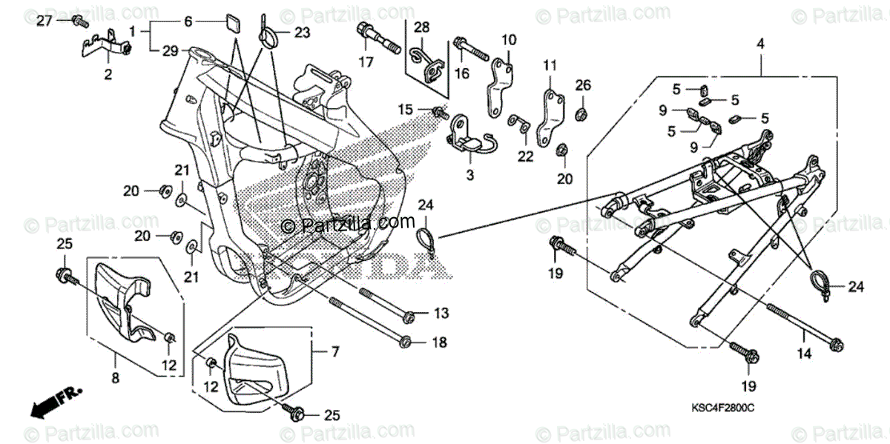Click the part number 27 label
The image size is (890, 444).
44,21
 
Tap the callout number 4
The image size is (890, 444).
760,45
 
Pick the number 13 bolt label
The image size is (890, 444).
441,314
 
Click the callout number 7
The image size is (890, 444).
334,351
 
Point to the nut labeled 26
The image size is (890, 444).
583,113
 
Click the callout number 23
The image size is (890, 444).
303,32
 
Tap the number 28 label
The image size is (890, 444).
421,27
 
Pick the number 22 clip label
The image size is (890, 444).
525,156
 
